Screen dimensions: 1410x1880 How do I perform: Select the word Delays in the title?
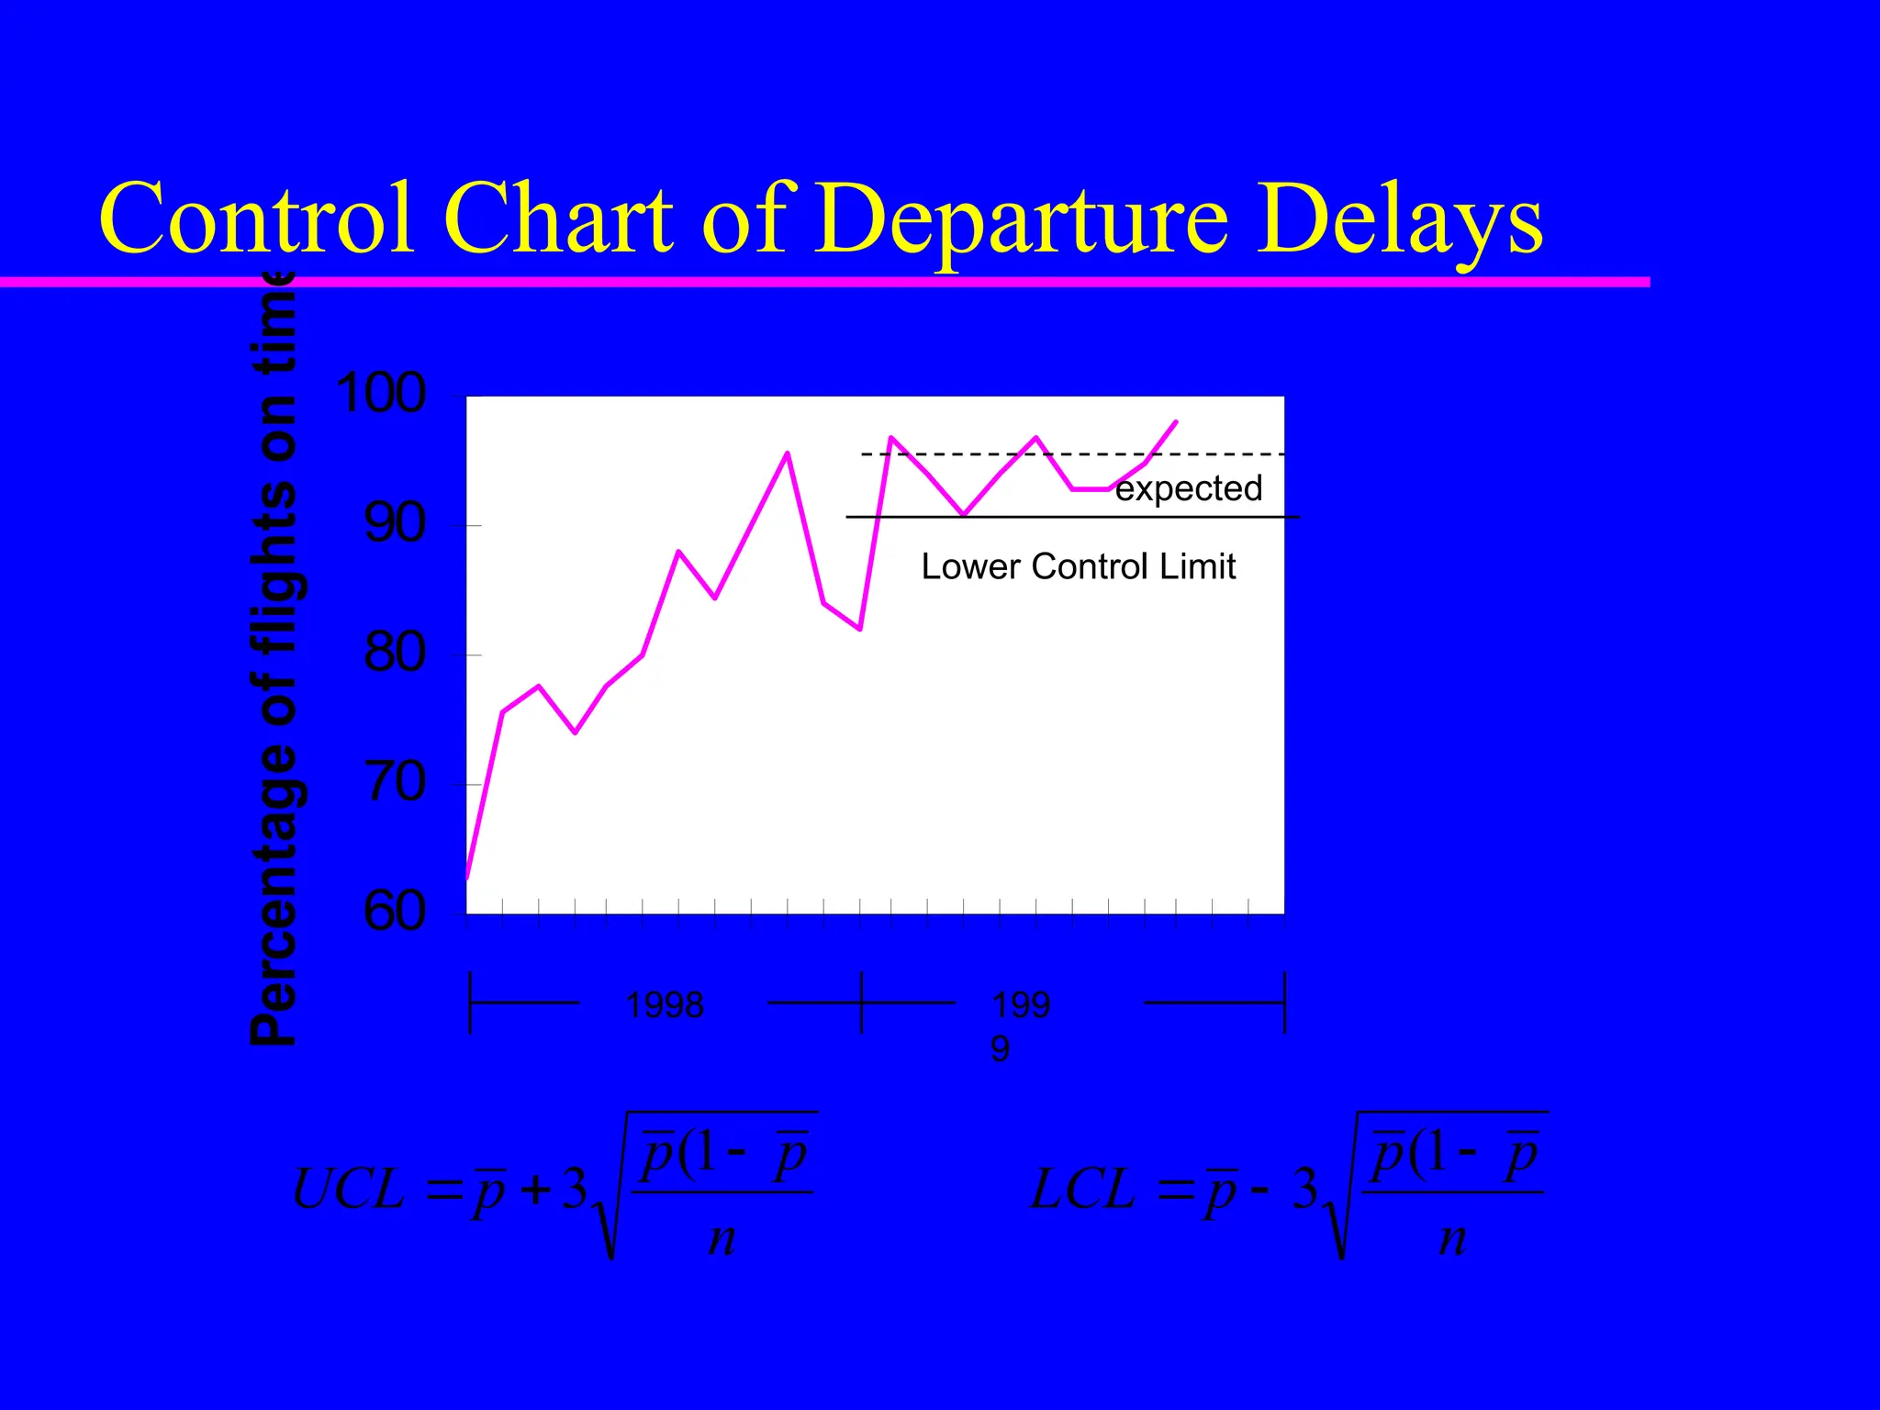click(1399, 220)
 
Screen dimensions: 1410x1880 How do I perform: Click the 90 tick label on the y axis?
click(396, 524)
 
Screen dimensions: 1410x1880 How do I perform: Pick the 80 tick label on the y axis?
click(396, 654)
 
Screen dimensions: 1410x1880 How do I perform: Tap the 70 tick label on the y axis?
click(396, 783)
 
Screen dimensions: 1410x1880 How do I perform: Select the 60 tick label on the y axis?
click(396, 912)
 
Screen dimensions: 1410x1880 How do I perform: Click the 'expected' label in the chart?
click(1189, 488)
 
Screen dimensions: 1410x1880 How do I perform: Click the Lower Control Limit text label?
click(1078, 566)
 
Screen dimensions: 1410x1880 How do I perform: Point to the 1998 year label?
click(665, 1005)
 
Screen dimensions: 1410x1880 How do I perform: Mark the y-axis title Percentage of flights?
click(274, 661)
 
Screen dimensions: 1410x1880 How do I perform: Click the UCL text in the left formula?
click(348, 1191)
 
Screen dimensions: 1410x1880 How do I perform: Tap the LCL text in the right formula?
click(1083, 1191)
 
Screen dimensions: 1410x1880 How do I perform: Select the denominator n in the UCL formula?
click(722, 1238)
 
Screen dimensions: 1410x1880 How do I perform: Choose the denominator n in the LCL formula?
click(1452, 1238)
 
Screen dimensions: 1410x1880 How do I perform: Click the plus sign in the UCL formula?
click(535, 1191)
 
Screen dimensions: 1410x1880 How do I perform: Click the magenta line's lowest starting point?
click(467, 878)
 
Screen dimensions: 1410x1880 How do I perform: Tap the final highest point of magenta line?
click(1176, 422)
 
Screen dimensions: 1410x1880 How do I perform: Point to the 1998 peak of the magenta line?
click(788, 453)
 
